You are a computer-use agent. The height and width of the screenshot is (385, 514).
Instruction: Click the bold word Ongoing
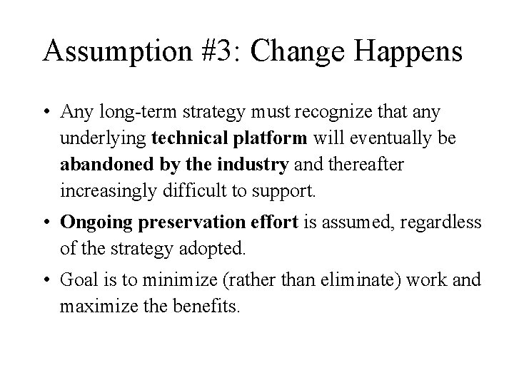point(89,222)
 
